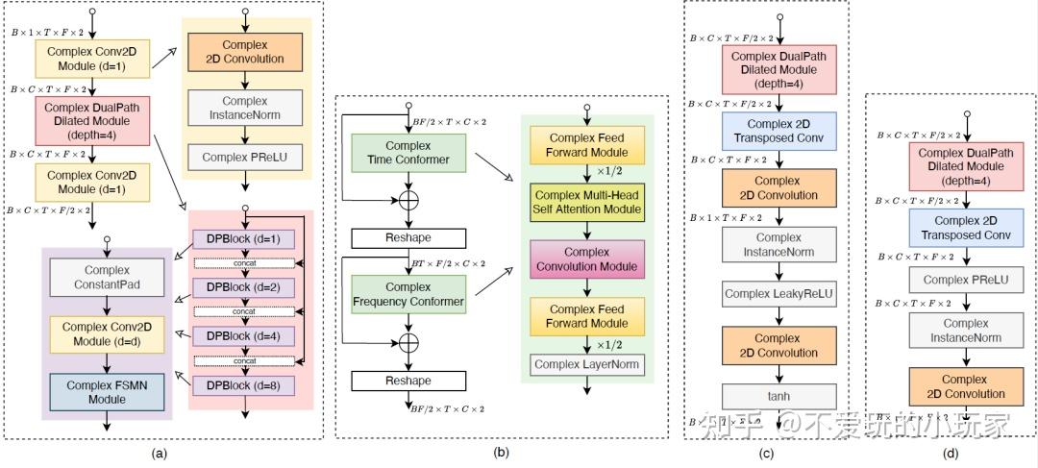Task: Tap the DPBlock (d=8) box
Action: coord(243,384)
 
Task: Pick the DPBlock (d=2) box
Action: coord(243,286)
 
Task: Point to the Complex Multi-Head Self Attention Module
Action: coord(586,203)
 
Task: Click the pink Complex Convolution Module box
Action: coord(586,259)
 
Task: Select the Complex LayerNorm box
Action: coord(586,364)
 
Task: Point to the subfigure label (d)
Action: coord(950,454)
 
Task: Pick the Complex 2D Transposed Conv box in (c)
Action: coord(778,131)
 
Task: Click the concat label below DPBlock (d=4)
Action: coord(243,360)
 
